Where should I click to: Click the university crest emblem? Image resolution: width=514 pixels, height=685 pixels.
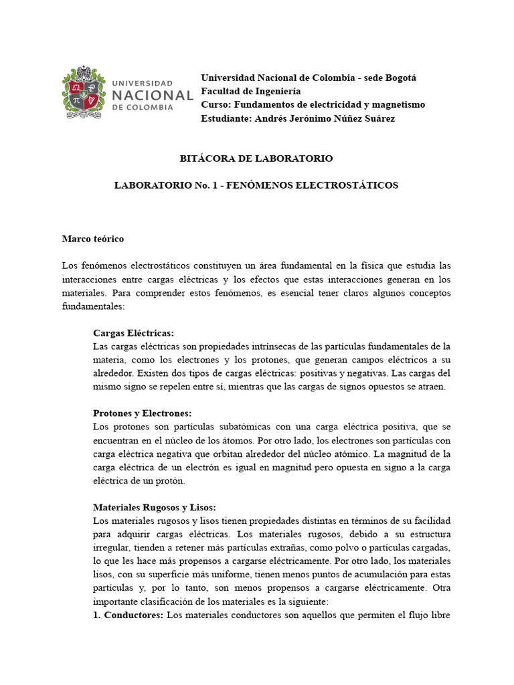pos(84,92)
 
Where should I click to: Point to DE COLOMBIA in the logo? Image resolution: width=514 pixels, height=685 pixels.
pos(142,107)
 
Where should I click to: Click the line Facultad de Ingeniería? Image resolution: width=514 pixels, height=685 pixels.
pos(251,91)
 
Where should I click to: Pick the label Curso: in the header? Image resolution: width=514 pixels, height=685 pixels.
pos(216,104)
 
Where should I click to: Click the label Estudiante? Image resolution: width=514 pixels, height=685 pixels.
pos(226,118)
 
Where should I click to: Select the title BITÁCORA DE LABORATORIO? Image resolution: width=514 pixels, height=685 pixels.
pos(256,159)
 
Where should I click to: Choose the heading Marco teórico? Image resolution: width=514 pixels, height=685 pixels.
pos(93,238)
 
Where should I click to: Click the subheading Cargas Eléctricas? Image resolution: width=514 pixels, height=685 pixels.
pos(134,332)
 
